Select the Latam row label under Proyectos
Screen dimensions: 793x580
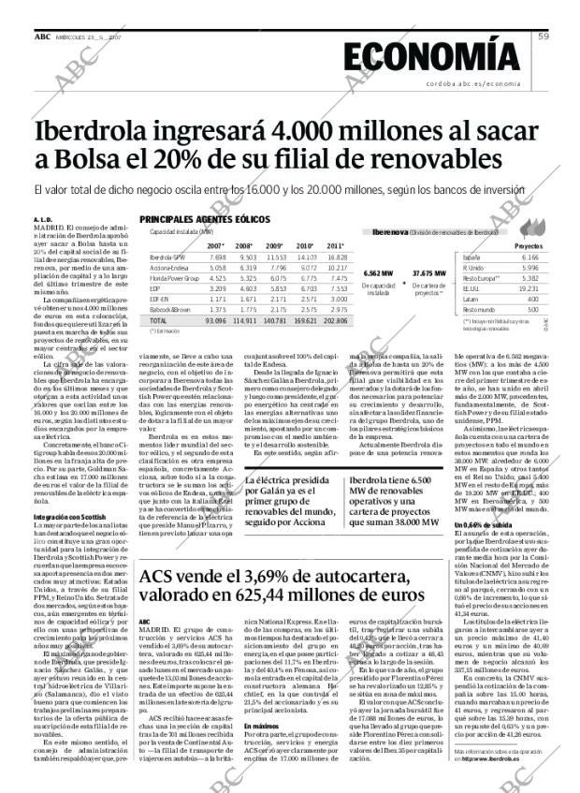pyautogui.click(x=470, y=299)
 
